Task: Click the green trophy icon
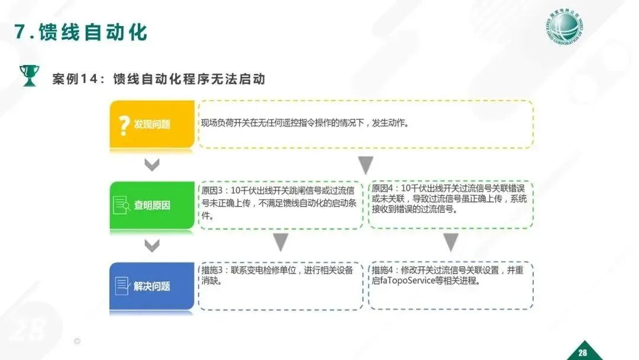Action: [x=28, y=75]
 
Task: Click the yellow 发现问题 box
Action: [x=152, y=124]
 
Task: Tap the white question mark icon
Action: [x=124, y=125]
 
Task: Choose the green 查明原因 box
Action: [x=152, y=205]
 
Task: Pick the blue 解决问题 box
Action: [x=152, y=286]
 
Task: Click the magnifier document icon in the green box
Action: [x=122, y=205]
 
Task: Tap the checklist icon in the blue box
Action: [x=122, y=286]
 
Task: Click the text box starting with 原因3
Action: [x=280, y=204]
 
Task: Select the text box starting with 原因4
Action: [x=450, y=204]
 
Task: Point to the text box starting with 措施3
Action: [x=280, y=286]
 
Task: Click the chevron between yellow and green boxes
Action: [x=152, y=165]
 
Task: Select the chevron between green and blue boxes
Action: [x=152, y=245]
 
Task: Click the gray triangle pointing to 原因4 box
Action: [x=366, y=165]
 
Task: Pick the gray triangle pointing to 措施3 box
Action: [x=280, y=242]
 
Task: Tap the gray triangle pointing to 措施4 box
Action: [x=451, y=242]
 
